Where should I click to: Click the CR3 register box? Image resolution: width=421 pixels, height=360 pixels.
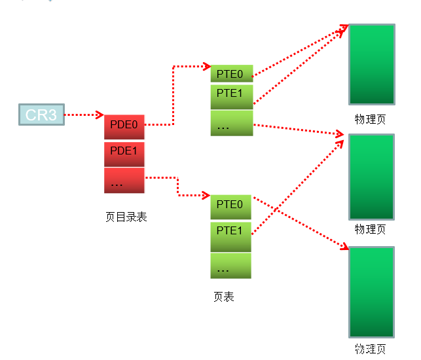42,115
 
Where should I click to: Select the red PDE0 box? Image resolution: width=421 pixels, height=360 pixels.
124,127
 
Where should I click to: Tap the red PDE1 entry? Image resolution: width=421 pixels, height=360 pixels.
124,154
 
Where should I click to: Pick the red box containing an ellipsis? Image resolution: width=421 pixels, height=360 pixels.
124,181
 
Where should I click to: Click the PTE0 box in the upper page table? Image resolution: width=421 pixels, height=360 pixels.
232,73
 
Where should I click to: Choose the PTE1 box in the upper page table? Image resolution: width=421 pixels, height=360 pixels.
232,97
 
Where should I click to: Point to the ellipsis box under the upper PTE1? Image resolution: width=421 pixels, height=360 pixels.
232,123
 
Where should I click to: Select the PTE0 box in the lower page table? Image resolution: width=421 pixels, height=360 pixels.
231,207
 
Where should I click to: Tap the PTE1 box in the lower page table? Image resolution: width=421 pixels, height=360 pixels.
231,237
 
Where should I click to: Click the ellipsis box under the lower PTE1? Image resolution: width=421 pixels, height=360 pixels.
231,266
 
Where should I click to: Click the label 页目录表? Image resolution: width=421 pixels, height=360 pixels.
126,217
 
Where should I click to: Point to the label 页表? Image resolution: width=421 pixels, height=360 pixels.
224,297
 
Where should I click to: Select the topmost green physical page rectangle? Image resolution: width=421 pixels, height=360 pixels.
372,64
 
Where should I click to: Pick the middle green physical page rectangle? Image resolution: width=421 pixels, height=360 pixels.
372,177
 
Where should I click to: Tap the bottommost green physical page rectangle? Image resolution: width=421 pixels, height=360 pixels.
372,292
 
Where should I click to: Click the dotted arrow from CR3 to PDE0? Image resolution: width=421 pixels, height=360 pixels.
84,115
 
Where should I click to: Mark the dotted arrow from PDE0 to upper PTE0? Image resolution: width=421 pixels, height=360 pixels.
174,96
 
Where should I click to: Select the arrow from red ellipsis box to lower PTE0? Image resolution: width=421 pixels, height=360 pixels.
177,187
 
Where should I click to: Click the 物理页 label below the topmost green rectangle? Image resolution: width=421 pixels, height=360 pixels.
370,119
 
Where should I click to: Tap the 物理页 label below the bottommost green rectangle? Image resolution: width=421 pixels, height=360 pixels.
370,349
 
